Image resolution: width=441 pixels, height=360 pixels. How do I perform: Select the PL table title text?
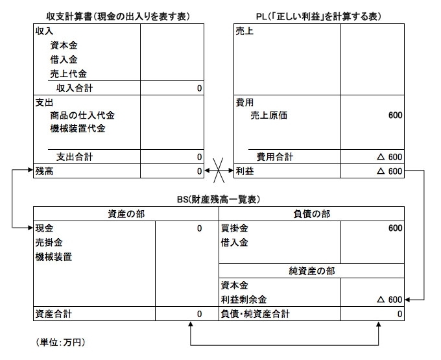[x=318, y=17]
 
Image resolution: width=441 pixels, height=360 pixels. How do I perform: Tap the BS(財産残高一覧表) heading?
[x=219, y=199]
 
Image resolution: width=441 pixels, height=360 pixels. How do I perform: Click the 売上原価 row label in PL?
[x=269, y=115]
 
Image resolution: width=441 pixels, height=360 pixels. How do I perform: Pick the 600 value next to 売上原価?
[x=395, y=115]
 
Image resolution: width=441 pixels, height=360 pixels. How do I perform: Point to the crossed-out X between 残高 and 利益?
[x=219, y=171]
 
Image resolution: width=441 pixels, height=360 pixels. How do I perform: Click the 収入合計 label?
[x=75, y=88]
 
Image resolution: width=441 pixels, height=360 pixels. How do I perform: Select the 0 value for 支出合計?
[x=199, y=157]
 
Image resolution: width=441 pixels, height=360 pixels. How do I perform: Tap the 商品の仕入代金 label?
[x=82, y=115]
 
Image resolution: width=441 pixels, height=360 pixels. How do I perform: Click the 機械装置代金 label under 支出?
[x=78, y=128]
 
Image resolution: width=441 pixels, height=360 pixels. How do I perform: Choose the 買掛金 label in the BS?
[x=234, y=228]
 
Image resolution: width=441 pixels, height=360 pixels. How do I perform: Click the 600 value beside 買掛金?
[x=395, y=228]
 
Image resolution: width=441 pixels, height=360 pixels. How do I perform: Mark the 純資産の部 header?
[x=312, y=271]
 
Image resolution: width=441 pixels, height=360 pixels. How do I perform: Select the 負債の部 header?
[x=312, y=214]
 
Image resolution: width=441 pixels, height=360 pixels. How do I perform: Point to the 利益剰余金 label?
[x=244, y=300]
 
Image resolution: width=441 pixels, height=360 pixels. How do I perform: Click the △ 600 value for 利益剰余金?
[x=390, y=300]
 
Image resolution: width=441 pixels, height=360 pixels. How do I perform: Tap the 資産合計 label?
[x=54, y=314]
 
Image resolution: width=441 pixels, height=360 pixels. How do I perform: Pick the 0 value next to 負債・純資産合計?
[x=399, y=314]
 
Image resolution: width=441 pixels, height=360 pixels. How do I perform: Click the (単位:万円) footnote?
[x=60, y=342]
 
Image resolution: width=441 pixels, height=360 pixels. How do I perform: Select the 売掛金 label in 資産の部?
[x=49, y=243]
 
